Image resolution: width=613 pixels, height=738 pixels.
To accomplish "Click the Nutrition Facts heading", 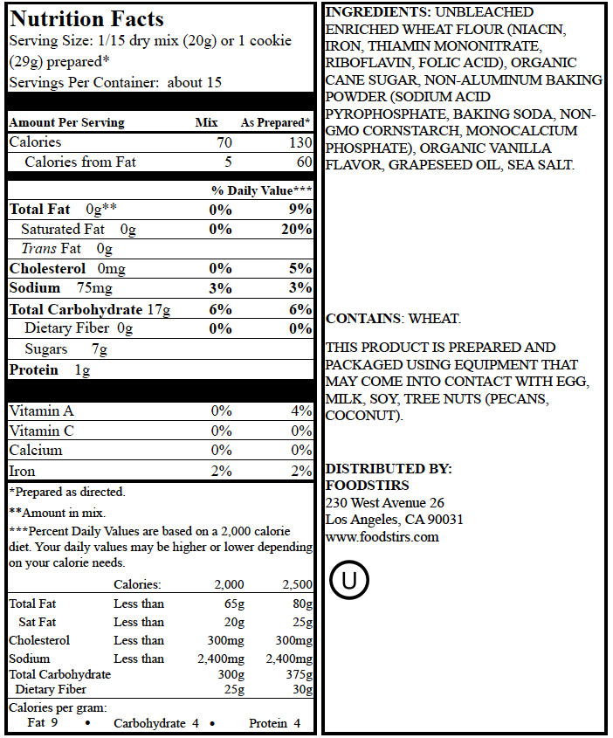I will click(x=86, y=18).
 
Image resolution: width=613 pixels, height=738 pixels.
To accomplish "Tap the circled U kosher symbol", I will click(x=349, y=580).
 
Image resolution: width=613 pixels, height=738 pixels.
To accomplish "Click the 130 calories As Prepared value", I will click(x=296, y=141).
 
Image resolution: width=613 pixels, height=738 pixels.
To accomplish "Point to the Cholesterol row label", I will click(x=47, y=268).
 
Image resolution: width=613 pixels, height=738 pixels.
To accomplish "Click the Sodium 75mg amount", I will click(x=93, y=288).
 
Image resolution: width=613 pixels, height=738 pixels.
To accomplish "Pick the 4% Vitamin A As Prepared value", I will click(x=301, y=410).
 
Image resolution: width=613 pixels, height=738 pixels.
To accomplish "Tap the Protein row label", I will click(x=33, y=369).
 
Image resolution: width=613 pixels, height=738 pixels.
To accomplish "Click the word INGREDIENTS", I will click(x=375, y=12).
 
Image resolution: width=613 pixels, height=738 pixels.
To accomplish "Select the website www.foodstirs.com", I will click(x=382, y=536).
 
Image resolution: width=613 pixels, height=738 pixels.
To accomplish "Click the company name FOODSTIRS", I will click(x=367, y=486).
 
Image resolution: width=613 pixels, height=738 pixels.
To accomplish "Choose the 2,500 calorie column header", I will click(x=297, y=584).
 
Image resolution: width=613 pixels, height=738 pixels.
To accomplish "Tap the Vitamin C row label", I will click(x=41, y=431).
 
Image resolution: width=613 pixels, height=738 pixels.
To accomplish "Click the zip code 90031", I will click(x=444, y=520).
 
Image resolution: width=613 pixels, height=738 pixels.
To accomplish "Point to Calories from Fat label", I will click(x=80, y=162).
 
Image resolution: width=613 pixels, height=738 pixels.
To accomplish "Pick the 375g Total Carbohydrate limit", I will click(x=297, y=674).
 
